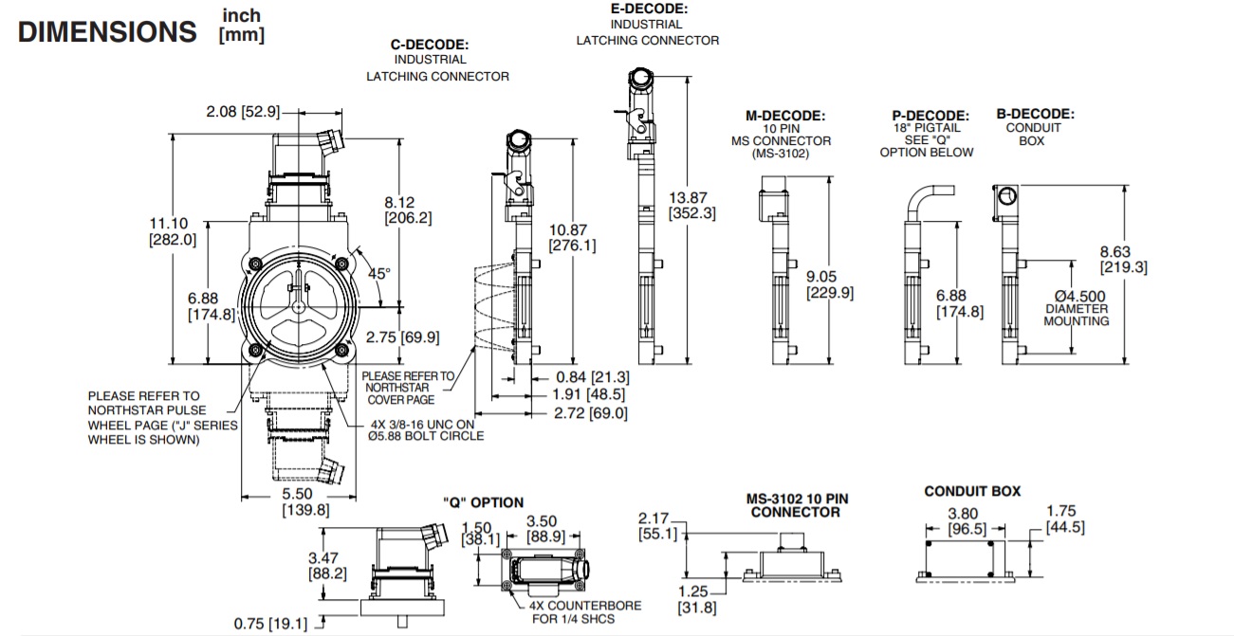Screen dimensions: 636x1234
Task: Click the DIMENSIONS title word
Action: point(107,31)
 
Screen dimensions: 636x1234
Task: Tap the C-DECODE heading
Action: point(430,45)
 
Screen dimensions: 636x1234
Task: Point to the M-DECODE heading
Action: point(784,116)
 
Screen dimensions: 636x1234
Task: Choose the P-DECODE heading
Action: point(925,116)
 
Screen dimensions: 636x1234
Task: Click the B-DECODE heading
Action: point(1035,114)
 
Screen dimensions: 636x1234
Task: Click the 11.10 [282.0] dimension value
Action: point(174,231)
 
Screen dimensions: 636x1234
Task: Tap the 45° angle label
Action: point(378,274)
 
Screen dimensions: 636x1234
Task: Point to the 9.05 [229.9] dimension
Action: point(830,284)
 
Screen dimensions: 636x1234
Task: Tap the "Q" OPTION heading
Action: point(483,502)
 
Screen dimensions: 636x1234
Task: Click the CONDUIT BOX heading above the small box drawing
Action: point(972,491)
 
